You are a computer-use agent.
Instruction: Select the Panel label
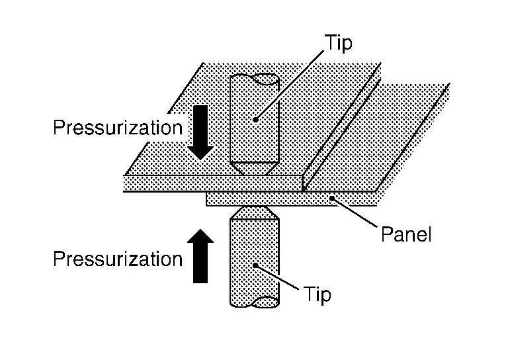tap(405, 234)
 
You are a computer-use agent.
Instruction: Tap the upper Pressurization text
tap(118, 126)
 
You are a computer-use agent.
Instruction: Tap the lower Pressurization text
tap(118, 258)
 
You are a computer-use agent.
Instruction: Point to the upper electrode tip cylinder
tap(254, 119)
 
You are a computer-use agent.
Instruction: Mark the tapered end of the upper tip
tap(254, 167)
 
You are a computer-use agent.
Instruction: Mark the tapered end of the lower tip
tap(253, 212)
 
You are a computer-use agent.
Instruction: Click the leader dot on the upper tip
tap(255, 120)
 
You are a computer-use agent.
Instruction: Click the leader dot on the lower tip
tap(256, 265)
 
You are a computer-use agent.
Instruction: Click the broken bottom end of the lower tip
tap(254, 302)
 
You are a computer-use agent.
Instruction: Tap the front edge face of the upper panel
tap(212, 183)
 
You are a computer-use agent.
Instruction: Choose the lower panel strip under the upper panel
tap(291, 199)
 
